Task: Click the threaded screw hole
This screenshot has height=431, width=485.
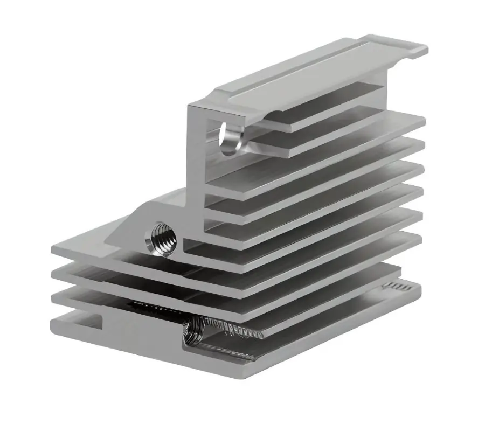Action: tap(162, 238)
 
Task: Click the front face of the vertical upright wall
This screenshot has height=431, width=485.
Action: tap(197, 162)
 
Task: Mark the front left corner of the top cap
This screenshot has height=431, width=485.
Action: tap(190, 105)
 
